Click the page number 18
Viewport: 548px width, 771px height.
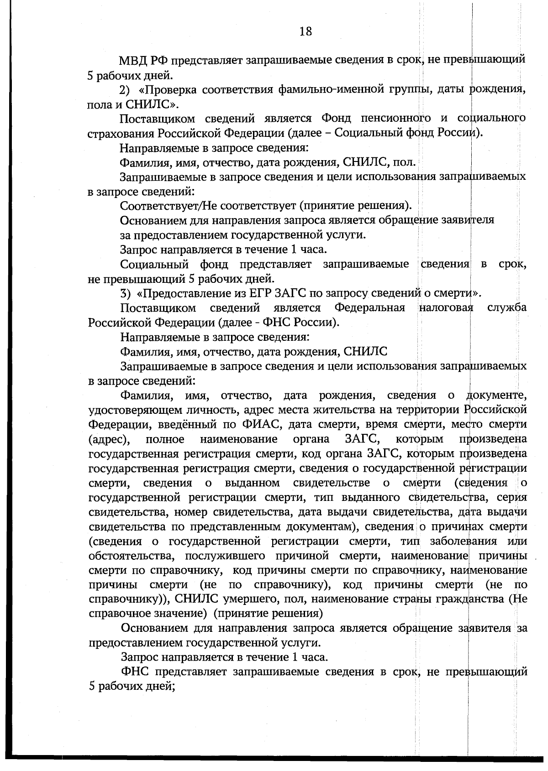click(306, 31)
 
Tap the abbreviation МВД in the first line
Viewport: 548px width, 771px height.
click(132, 60)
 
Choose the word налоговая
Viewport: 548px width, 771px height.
click(446, 308)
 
